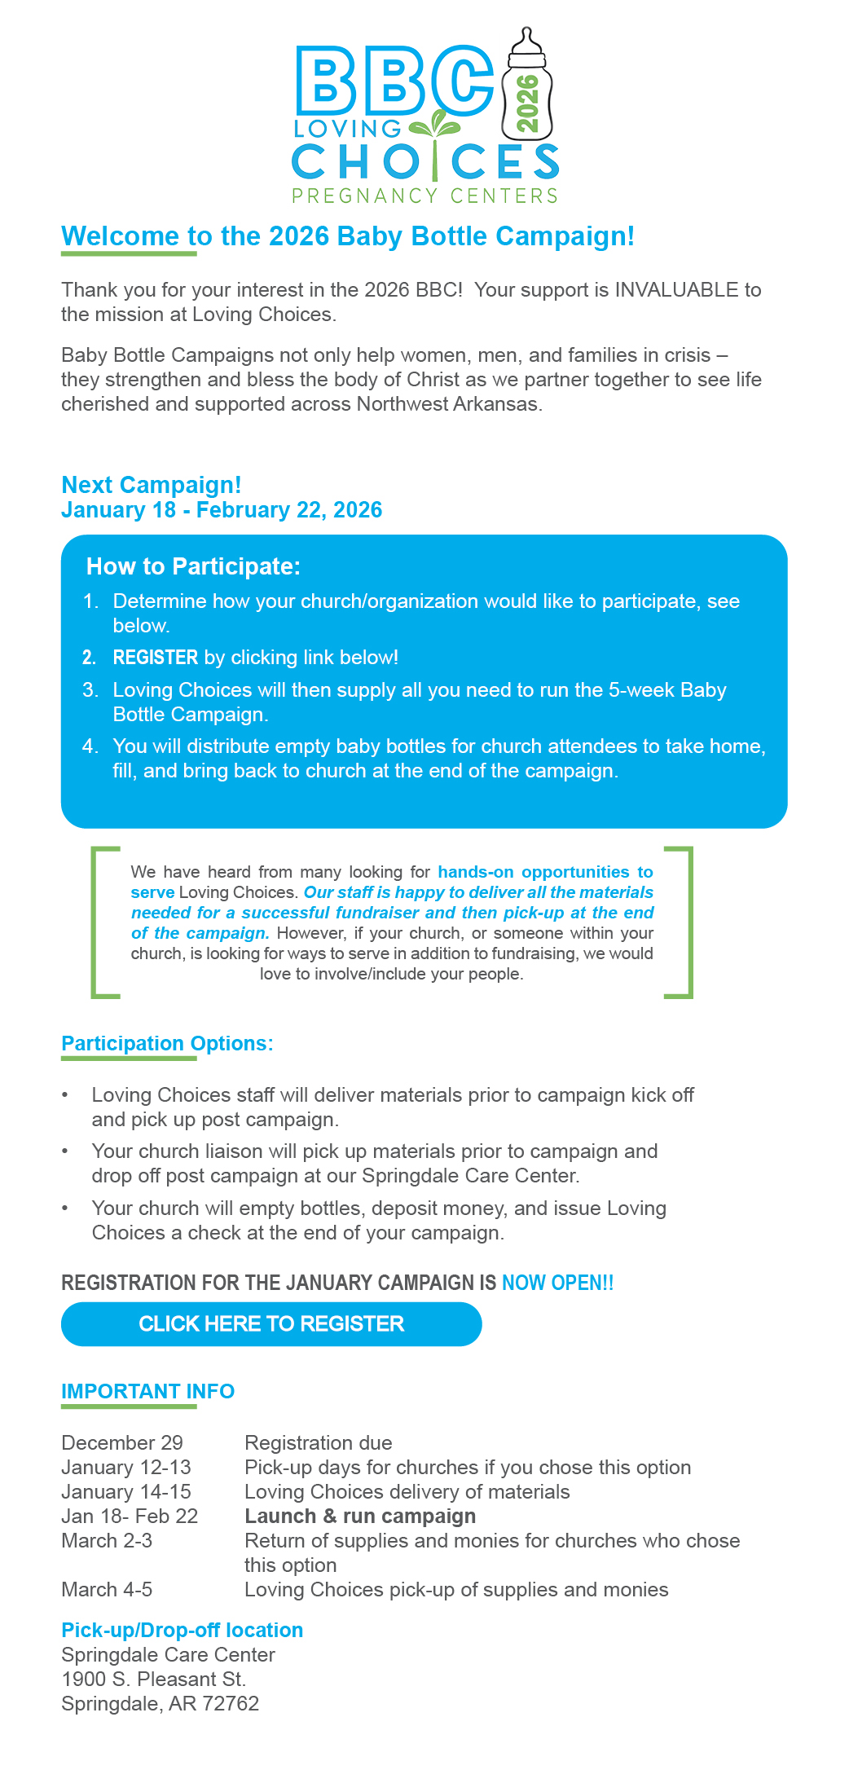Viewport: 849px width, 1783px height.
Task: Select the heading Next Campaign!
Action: (152, 485)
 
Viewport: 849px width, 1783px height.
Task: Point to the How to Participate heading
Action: (193, 566)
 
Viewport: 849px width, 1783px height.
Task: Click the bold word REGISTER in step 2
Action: (156, 658)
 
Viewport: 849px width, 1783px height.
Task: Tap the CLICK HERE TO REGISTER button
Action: (271, 1323)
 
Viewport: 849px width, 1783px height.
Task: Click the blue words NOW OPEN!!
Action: (557, 1283)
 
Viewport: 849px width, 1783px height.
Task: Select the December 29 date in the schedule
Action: (122, 1442)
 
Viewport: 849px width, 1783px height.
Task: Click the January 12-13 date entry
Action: (126, 1467)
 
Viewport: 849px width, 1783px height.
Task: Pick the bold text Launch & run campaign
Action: (360, 1516)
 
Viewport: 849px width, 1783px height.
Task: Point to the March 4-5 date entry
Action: (107, 1589)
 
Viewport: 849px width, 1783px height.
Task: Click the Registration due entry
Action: (318, 1442)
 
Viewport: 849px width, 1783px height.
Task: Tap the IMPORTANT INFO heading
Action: (147, 1391)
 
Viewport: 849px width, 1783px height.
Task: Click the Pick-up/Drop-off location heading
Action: (183, 1630)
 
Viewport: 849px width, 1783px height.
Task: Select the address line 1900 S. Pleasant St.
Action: (153, 1679)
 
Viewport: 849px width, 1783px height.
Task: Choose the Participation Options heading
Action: (167, 1044)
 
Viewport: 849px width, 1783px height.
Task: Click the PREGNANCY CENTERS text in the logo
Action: (424, 196)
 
